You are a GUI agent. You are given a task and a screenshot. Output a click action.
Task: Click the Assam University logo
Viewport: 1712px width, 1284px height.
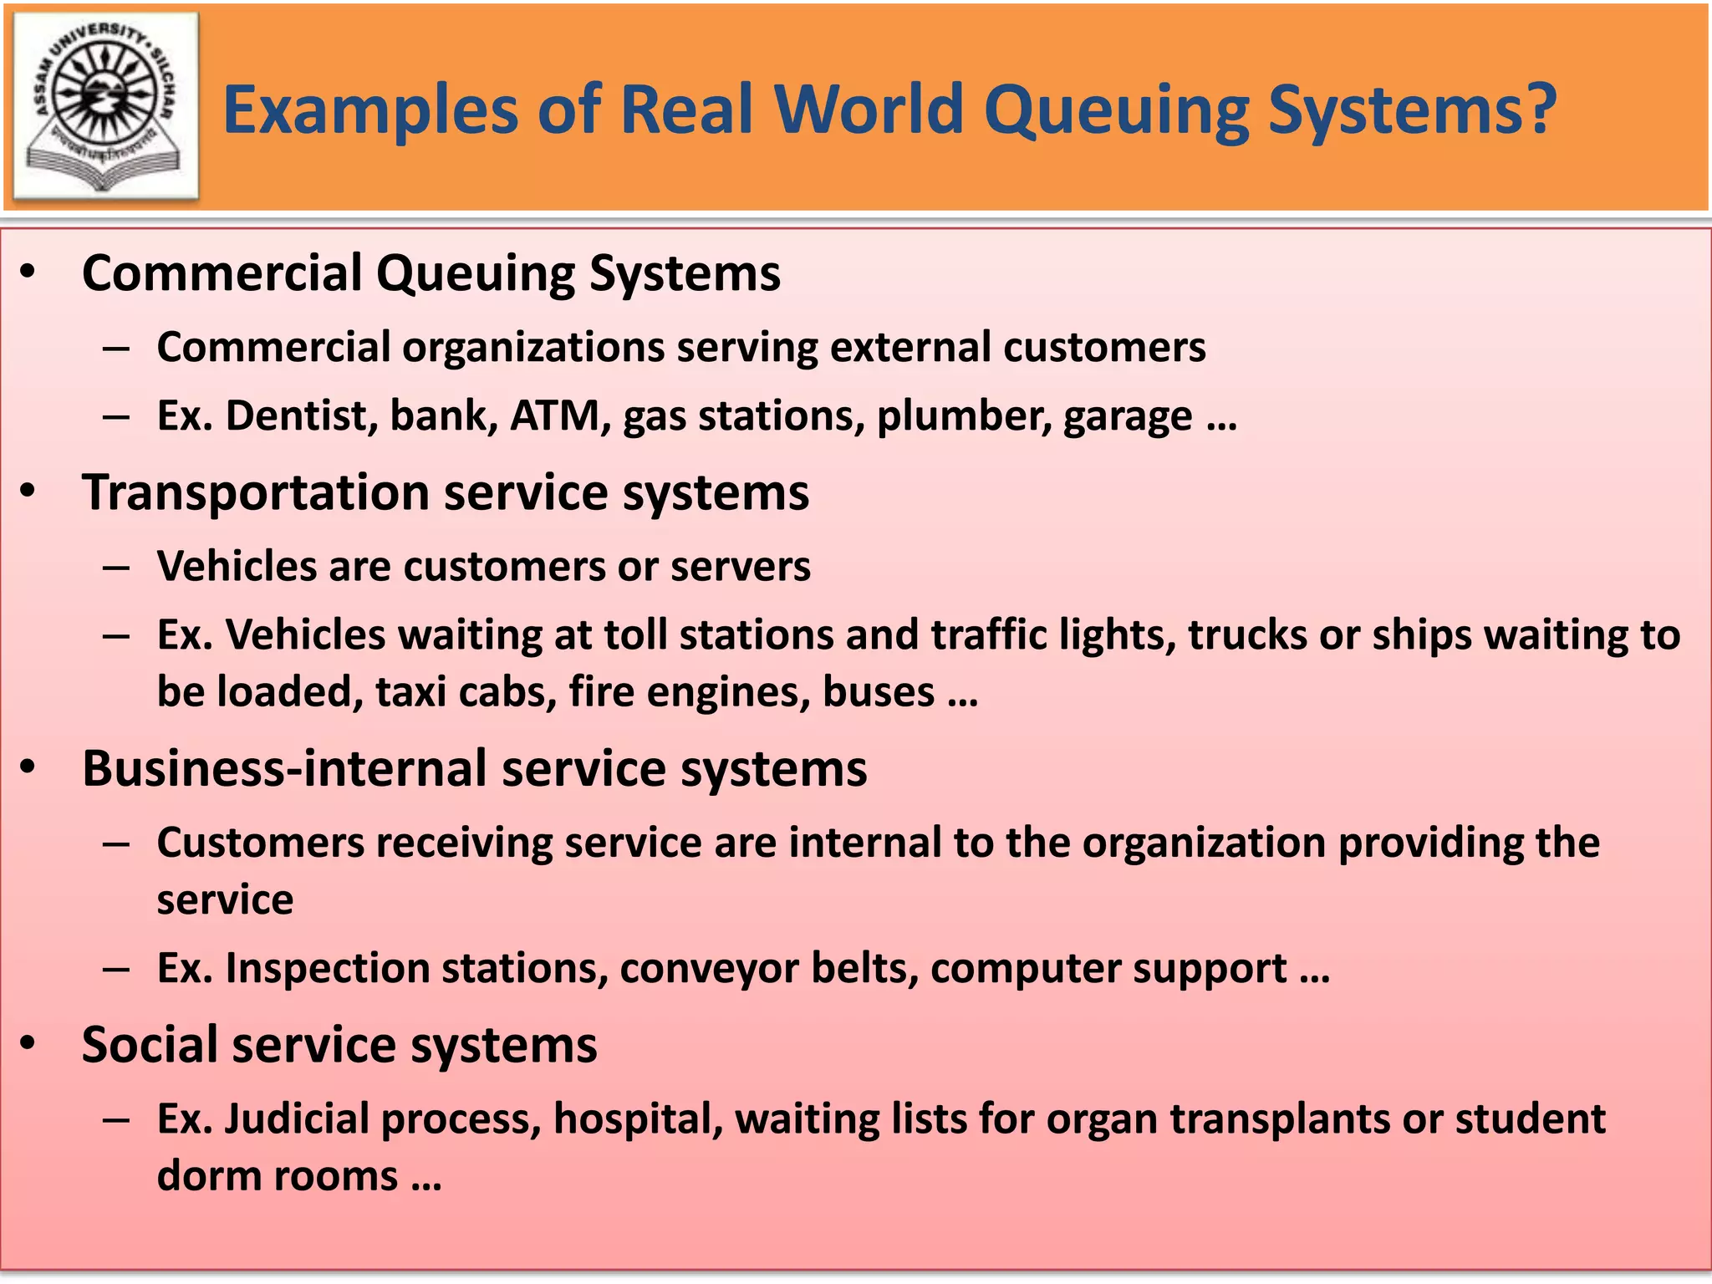point(105,105)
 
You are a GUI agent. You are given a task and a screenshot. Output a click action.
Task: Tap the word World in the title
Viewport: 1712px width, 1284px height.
point(869,110)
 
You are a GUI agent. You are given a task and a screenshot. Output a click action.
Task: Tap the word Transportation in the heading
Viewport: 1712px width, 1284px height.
point(256,492)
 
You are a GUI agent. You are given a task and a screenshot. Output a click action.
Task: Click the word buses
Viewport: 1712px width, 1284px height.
point(878,692)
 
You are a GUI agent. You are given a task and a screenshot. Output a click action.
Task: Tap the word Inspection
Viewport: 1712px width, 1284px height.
point(327,969)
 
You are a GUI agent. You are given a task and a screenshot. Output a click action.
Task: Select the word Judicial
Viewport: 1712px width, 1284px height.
point(297,1119)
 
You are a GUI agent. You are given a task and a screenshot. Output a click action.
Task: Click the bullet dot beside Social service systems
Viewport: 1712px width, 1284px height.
point(29,1044)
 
